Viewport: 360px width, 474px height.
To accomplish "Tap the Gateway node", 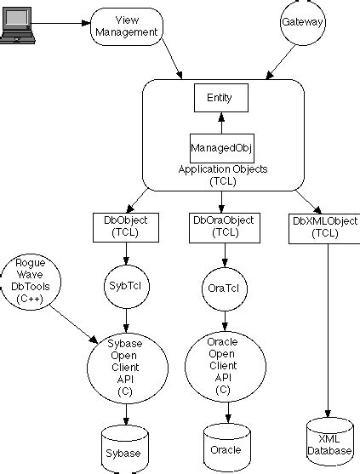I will [x=304, y=22].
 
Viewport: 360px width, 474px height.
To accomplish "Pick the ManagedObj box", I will [x=222, y=147].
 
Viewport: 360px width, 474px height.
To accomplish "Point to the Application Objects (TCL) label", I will [x=222, y=174].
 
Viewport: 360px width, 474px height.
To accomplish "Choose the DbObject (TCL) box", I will [x=125, y=226].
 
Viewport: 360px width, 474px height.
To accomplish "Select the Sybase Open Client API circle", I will [x=125, y=364].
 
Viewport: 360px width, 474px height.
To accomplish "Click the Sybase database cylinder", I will [x=125, y=448].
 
